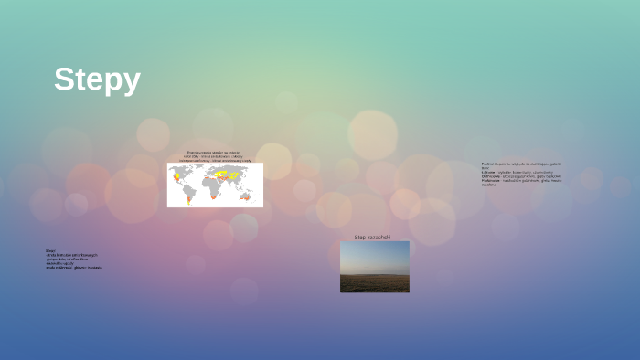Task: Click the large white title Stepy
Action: [x=97, y=79]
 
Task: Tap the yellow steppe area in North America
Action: [x=178, y=175]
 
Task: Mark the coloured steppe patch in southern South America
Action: [x=189, y=198]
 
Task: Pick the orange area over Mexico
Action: [x=177, y=181]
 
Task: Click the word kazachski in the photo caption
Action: [x=379, y=238]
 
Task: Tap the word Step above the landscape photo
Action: [x=359, y=238]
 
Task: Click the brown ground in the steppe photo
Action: [x=375, y=284]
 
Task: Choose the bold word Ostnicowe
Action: [x=491, y=176]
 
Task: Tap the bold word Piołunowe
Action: [x=491, y=180]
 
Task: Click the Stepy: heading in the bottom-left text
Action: [x=51, y=250]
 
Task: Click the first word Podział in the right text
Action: [x=486, y=164]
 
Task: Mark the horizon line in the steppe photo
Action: [x=375, y=274]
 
